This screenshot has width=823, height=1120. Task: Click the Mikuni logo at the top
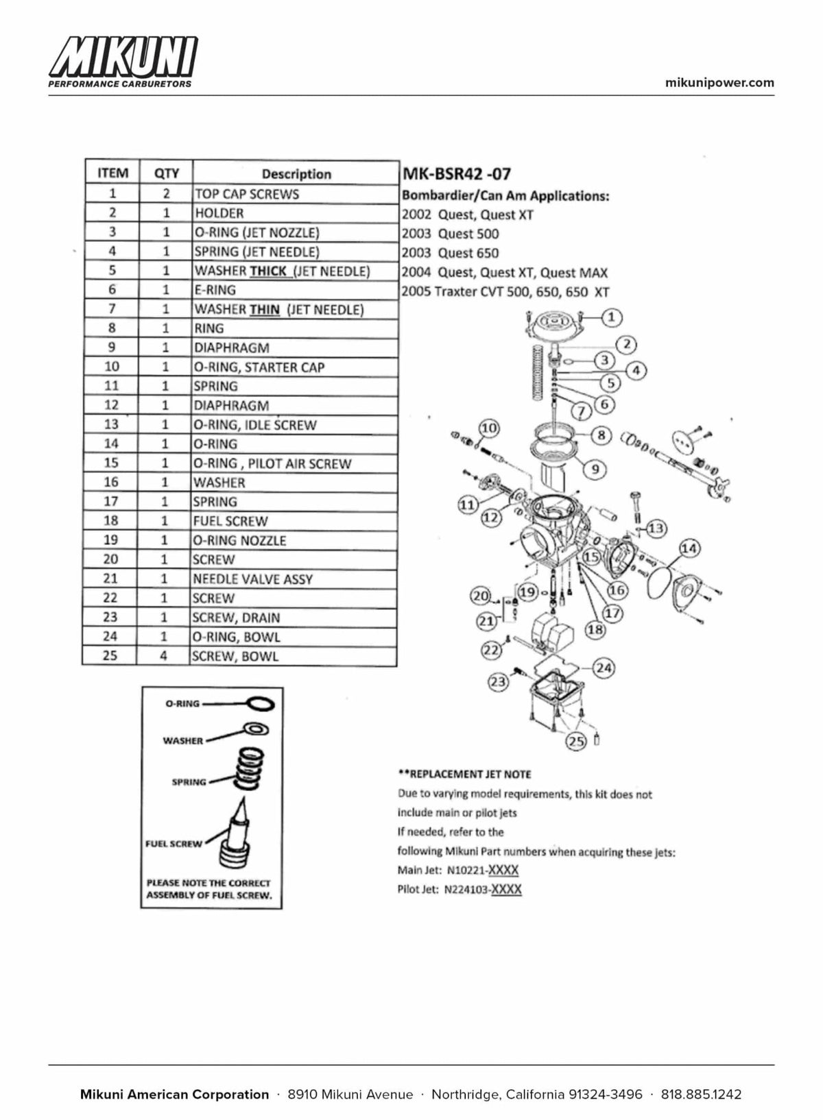pos(123,62)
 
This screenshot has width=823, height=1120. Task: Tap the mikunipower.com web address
pos(719,83)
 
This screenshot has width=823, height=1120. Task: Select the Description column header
pos(296,174)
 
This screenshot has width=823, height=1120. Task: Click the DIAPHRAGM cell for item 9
pos(232,348)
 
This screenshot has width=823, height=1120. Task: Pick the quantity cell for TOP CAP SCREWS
pos(166,193)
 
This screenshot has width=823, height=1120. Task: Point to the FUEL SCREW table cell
pos(230,521)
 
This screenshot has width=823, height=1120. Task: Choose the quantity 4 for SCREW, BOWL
pos(163,655)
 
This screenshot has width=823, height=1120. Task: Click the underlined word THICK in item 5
pos(268,271)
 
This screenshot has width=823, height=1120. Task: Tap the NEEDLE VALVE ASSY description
pos(252,579)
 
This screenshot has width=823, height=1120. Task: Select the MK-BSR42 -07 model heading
pos(456,174)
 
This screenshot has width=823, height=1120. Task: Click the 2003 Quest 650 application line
pos(451,253)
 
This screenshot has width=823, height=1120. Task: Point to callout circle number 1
pos(611,317)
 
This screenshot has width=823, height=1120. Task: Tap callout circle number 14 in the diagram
pos(689,548)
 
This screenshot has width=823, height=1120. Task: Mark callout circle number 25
pos(576,741)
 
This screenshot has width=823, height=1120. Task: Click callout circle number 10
pos(489,428)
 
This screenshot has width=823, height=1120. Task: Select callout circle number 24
pos(604,668)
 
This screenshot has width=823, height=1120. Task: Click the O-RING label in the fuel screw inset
pos(182,703)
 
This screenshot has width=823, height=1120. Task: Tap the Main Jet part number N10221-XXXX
pos(483,871)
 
